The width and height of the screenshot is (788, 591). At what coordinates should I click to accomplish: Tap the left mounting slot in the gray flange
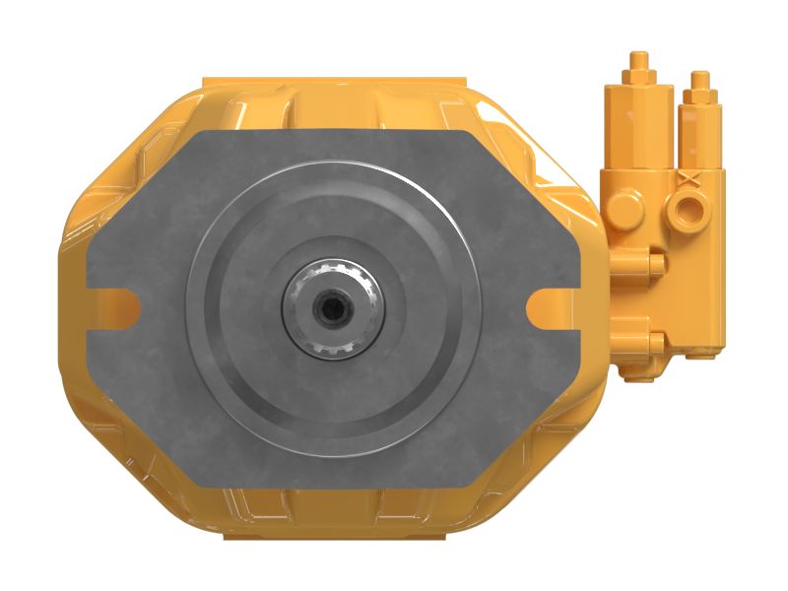point(115,303)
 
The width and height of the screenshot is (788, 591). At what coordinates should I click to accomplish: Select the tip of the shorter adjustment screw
point(699,76)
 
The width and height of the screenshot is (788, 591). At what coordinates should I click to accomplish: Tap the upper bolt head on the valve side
point(653,262)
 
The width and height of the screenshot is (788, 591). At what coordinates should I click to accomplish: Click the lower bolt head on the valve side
point(653,342)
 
